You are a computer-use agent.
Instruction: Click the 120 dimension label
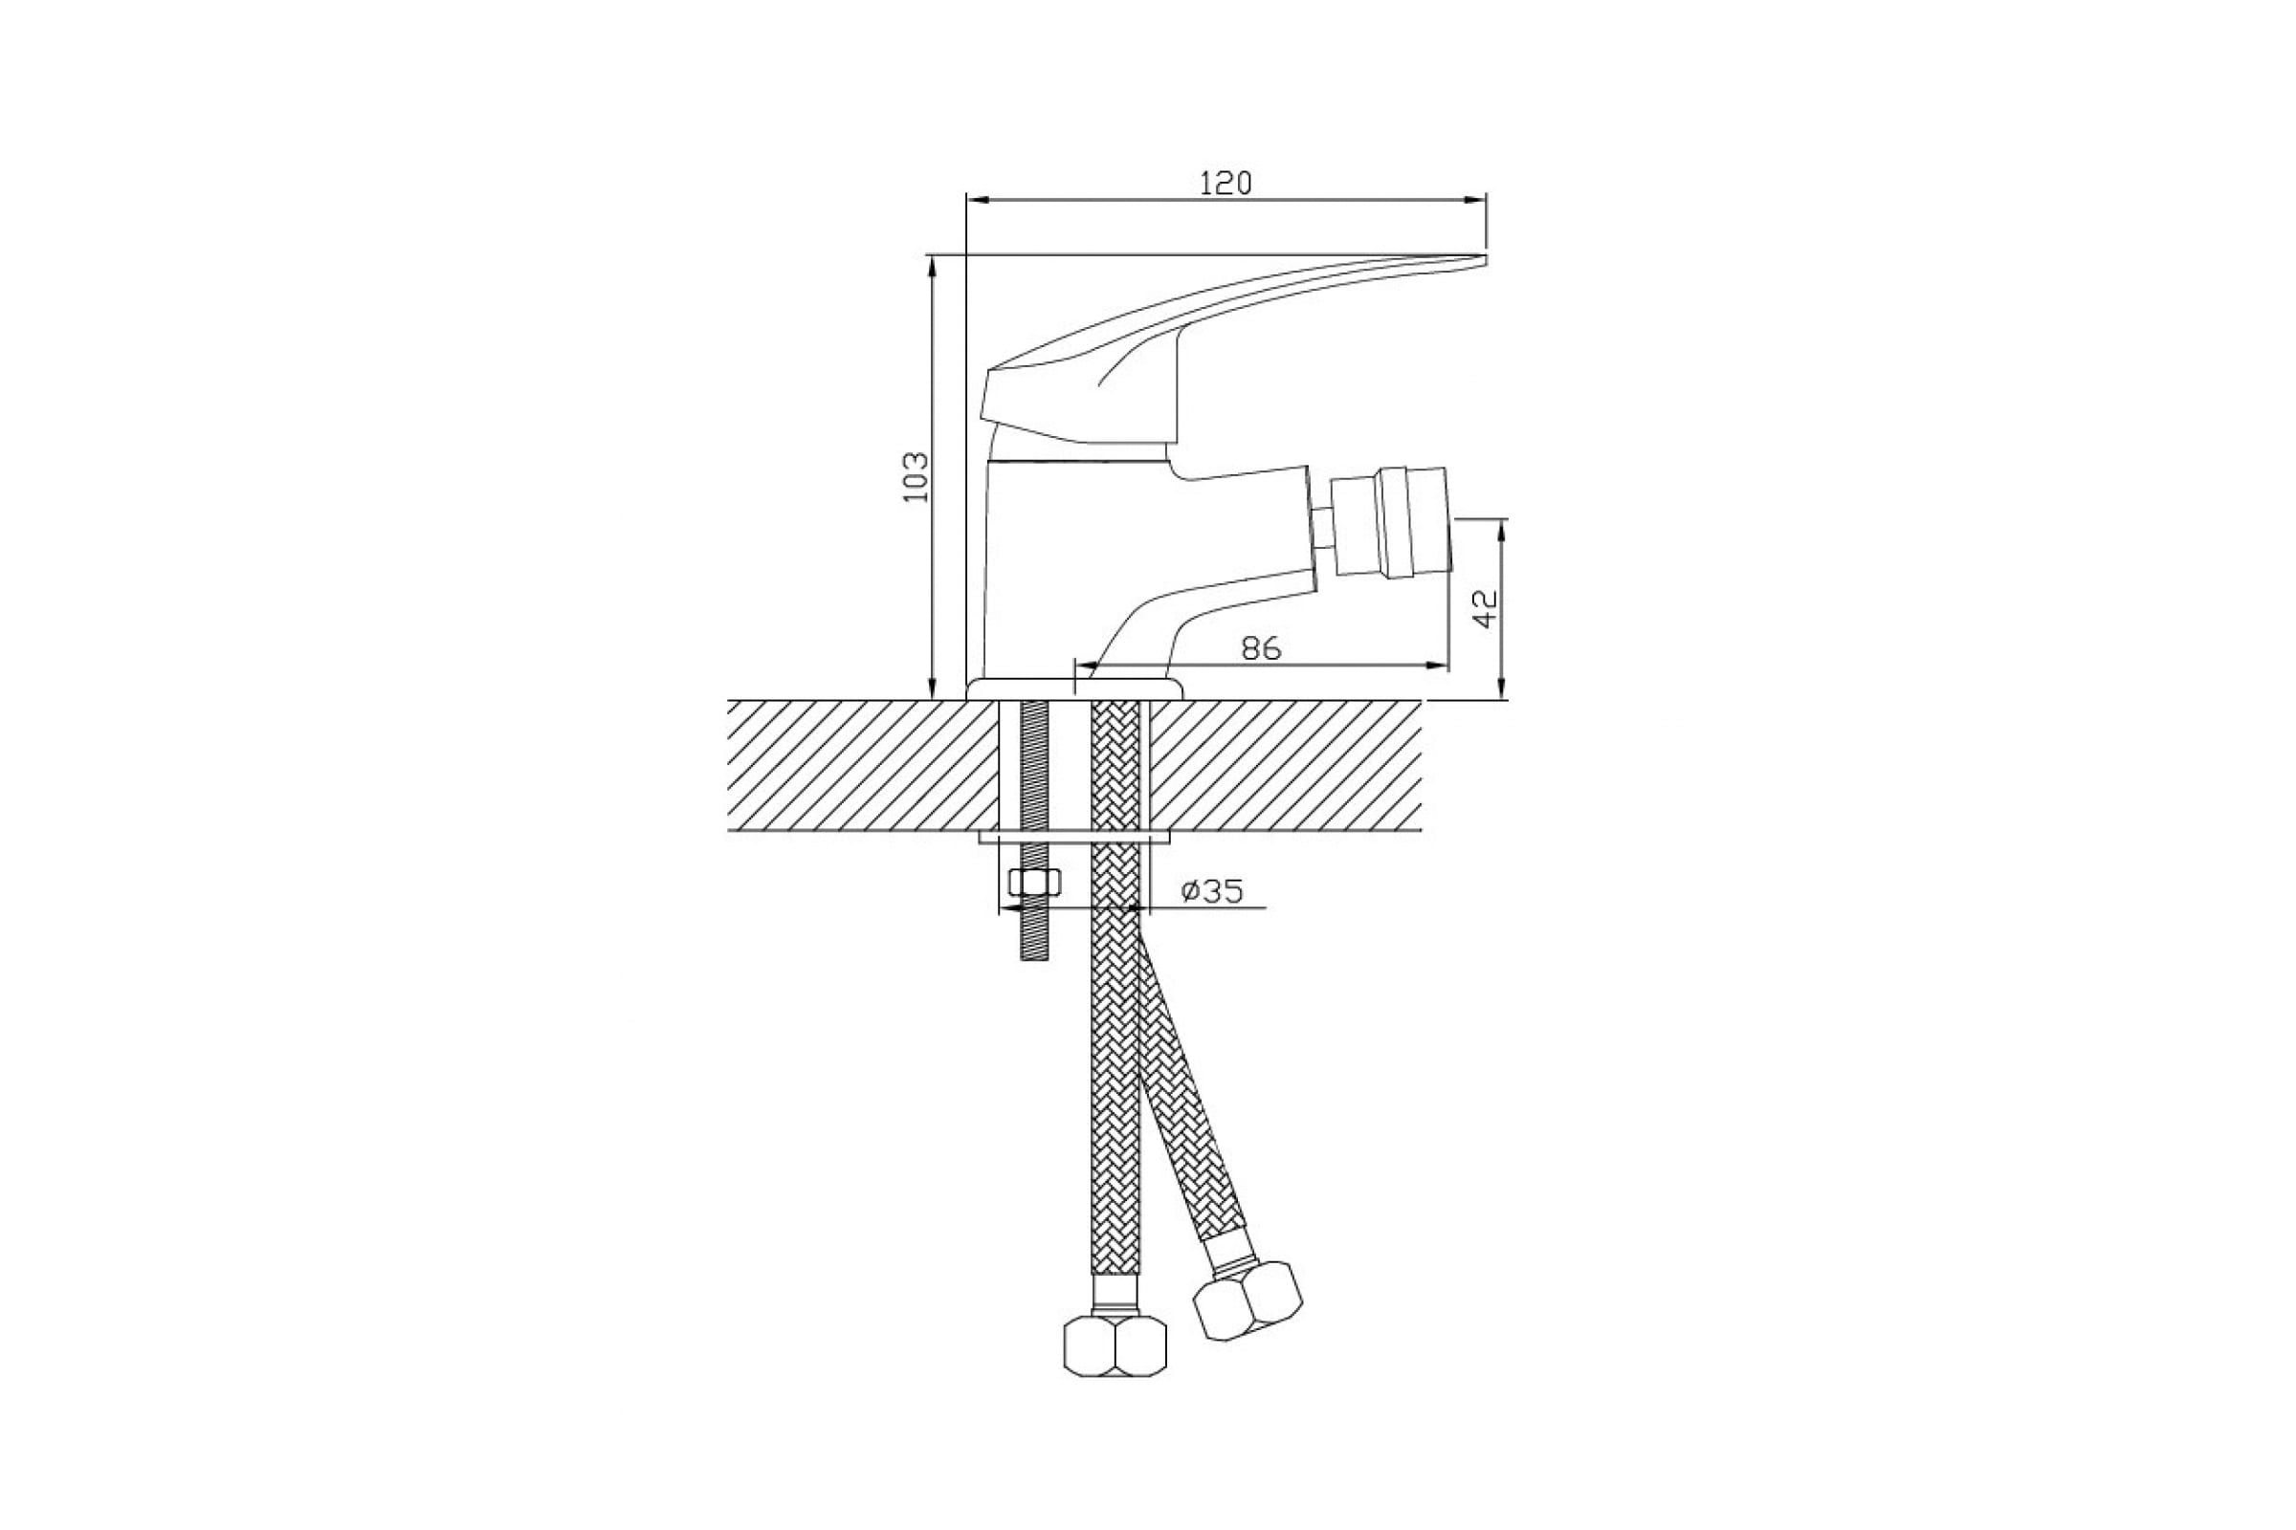pyautogui.click(x=1225, y=183)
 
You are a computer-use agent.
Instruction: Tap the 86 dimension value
pyautogui.click(x=1260, y=648)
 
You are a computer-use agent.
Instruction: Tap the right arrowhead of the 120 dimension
pyautogui.click(x=1478, y=199)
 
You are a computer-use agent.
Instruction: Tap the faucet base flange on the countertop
pyautogui.click(x=1074, y=689)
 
